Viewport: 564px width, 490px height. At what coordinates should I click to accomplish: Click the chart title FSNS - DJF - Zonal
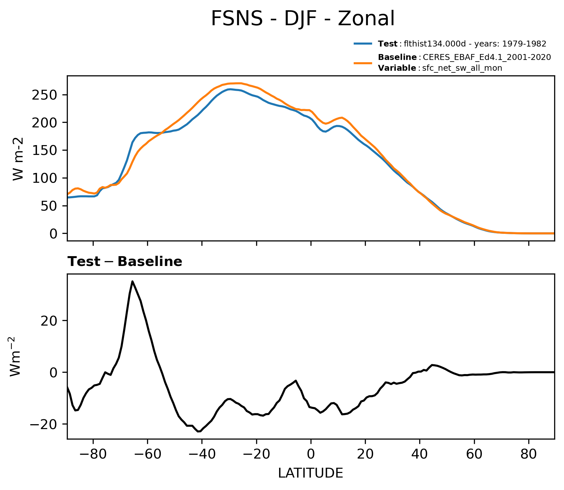click(x=303, y=19)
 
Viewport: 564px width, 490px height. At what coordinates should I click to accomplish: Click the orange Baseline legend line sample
click(x=363, y=63)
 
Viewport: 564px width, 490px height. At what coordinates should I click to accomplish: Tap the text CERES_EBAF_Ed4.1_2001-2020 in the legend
click(x=487, y=57)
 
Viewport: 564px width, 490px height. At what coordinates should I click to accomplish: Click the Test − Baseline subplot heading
click(x=125, y=262)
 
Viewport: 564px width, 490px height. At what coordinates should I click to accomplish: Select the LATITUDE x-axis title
click(x=310, y=473)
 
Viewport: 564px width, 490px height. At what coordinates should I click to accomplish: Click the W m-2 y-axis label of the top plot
click(x=18, y=159)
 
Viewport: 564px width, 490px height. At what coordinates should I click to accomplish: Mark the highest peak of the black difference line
click(x=132, y=281)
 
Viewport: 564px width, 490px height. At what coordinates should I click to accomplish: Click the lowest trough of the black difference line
click(x=198, y=431)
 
